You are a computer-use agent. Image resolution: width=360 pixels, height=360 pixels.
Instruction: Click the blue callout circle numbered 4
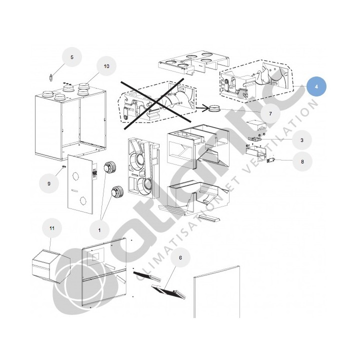pyautogui.click(x=316, y=87)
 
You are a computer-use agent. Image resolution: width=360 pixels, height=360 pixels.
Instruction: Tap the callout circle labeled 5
pyautogui.click(x=72, y=57)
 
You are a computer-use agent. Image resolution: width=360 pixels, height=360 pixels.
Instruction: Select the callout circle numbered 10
pyautogui.click(x=106, y=66)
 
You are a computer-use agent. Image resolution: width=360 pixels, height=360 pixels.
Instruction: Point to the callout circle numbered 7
pyautogui.click(x=270, y=113)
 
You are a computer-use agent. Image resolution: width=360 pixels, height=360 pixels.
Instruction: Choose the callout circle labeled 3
pyautogui.click(x=301, y=140)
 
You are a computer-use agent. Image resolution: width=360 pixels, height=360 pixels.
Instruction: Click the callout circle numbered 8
pyautogui.click(x=302, y=161)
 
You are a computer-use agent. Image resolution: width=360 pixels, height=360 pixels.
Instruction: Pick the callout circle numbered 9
pyautogui.click(x=48, y=183)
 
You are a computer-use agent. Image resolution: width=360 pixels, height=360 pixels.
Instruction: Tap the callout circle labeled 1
pyautogui.click(x=99, y=230)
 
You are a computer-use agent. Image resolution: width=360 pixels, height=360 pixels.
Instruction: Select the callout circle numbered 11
pyautogui.click(x=52, y=228)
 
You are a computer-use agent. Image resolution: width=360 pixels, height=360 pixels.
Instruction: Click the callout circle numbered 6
pyautogui.click(x=180, y=257)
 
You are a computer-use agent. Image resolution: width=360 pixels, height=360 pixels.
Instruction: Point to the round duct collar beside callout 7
pyautogui.click(x=214, y=108)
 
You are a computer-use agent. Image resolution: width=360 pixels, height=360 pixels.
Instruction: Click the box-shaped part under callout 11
pyautogui.click(x=50, y=266)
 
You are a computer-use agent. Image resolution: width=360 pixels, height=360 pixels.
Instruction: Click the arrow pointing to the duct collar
pyautogui.click(x=202, y=107)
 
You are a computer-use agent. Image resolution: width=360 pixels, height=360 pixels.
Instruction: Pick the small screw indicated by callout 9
pyautogui.click(x=63, y=166)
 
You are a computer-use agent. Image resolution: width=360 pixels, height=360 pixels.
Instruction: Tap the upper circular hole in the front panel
pyautogui.click(x=75, y=176)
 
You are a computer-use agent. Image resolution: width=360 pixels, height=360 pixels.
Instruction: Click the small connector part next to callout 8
pyautogui.click(x=270, y=160)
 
